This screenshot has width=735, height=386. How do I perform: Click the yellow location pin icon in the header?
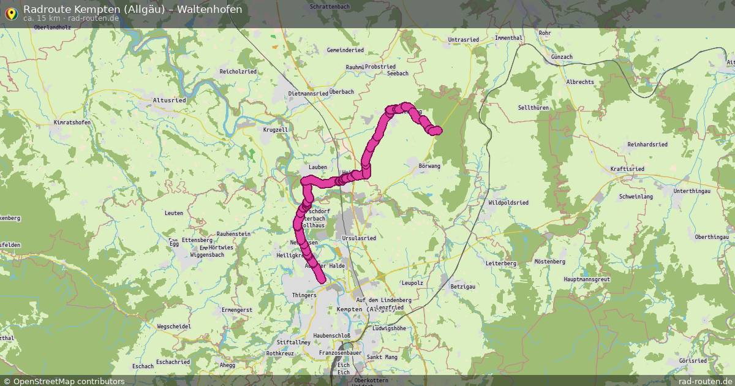point(11,13)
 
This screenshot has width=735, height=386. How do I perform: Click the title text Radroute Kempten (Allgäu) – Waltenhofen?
point(132,9)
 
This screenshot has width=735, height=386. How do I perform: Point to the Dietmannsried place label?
point(308,94)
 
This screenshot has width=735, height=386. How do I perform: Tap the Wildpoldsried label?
point(508,202)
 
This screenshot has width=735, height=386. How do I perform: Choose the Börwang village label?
point(429,166)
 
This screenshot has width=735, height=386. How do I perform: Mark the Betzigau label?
point(463,286)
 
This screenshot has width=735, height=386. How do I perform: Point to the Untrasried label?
point(464,40)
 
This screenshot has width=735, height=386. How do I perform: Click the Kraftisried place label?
point(627,168)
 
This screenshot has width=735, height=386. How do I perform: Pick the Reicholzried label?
point(238,72)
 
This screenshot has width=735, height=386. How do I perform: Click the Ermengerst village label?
point(236,310)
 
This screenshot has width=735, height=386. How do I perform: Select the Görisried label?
point(693,361)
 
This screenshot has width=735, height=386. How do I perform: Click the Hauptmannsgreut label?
point(589,279)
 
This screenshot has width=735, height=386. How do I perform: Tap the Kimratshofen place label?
point(72,123)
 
